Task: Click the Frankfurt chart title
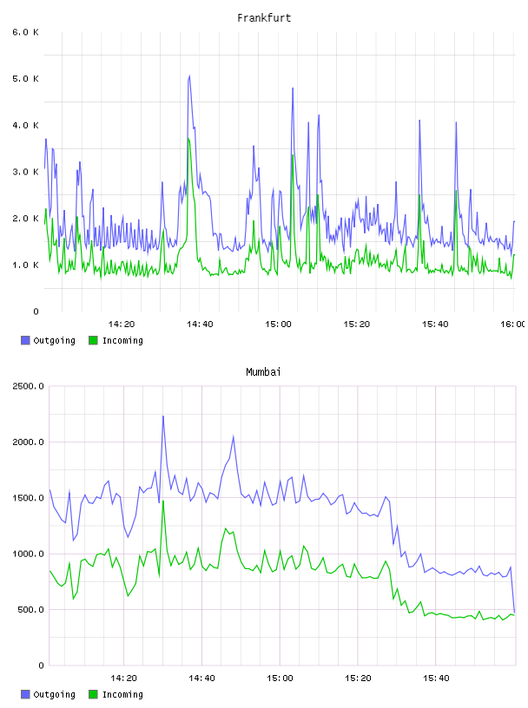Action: point(264,17)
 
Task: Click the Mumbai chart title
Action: point(263,371)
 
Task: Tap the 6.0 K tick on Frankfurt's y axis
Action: point(26,32)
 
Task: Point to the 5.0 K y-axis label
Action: point(26,79)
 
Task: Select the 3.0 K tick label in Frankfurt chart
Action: point(26,172)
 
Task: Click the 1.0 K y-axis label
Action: point(26,265)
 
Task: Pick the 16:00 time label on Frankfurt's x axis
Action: point(513,324)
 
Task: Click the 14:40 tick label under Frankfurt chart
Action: point(200,324)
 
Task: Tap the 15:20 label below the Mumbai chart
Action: point(358,678)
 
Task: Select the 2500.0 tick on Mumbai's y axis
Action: point(29,386)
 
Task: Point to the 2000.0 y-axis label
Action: point(29,442)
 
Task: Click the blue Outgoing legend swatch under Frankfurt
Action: point(25,340)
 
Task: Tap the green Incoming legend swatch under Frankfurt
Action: point(93,340)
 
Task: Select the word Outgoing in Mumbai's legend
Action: point(54,694)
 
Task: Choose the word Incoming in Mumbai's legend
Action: point(122,694)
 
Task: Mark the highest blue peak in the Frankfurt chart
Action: point(189,75)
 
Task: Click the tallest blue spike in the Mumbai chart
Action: point(163,416)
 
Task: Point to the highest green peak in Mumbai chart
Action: point(163,501)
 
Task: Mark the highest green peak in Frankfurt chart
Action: point(188,139)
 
